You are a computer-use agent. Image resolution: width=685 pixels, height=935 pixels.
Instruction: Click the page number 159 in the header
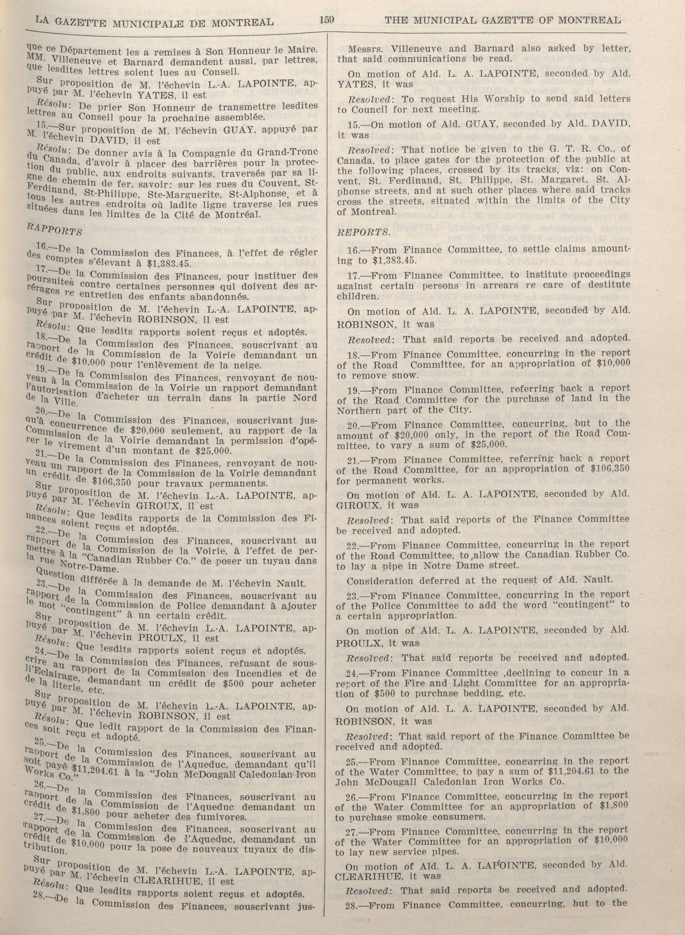[327, 19]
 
